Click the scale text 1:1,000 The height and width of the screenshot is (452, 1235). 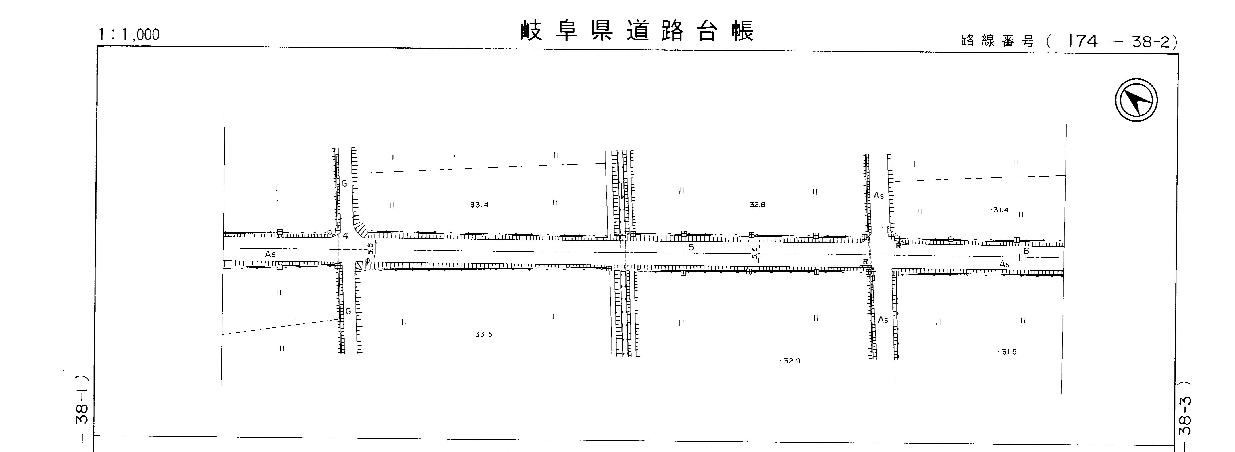tap(128, 35)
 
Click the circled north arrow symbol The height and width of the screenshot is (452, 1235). tap(1136, 100)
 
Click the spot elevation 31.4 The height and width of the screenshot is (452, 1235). tap(1000, 210)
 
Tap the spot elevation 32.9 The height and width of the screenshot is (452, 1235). tap(791, 361)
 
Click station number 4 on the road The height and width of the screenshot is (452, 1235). tap(346, 235)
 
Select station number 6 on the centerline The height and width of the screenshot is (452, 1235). tap(1026, 251)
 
